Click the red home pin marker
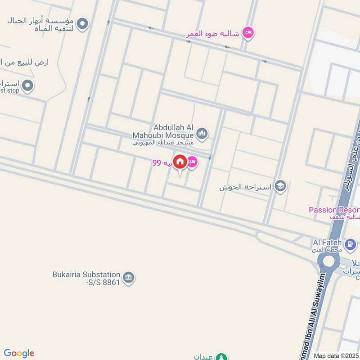[180, 162]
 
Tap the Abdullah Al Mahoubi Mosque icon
[202, 134]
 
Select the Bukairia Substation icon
[129, 278]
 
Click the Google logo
[18, 353]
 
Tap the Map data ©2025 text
[336, 355]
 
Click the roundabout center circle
[329, 261]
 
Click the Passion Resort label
[333, 210]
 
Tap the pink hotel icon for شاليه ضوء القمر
[247, 32]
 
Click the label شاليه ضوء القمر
[214, 34]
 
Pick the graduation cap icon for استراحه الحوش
[280, 186]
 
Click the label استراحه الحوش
[246, 187]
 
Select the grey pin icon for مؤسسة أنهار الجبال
[82, 23]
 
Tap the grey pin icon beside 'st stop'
[27, 85]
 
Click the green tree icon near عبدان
[221, 357]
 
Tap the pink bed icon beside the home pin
[192, 162]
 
